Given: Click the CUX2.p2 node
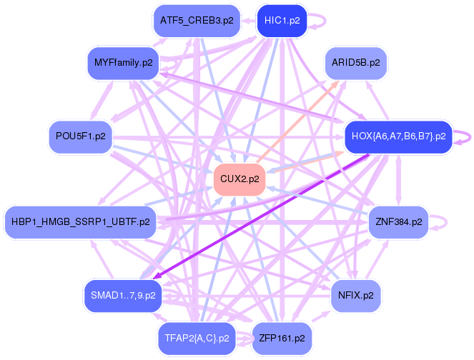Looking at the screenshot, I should [240, 179].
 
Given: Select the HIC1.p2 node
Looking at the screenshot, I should [282, 20].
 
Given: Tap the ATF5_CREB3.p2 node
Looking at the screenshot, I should [197, 20].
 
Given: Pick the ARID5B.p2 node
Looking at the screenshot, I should [356, 63].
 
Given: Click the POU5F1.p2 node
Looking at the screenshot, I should [80, 135].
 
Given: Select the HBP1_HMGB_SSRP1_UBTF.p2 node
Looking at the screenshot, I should [80, 221].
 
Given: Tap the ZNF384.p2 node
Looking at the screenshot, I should [398, 221].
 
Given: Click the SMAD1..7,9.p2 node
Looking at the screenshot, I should [123, 294].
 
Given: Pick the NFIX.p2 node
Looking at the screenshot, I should [355, 294].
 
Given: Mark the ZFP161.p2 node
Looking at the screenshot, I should [282, 337].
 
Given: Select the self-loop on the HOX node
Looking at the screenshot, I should [465, 136].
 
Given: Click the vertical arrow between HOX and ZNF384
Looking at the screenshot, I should [398, 179].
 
